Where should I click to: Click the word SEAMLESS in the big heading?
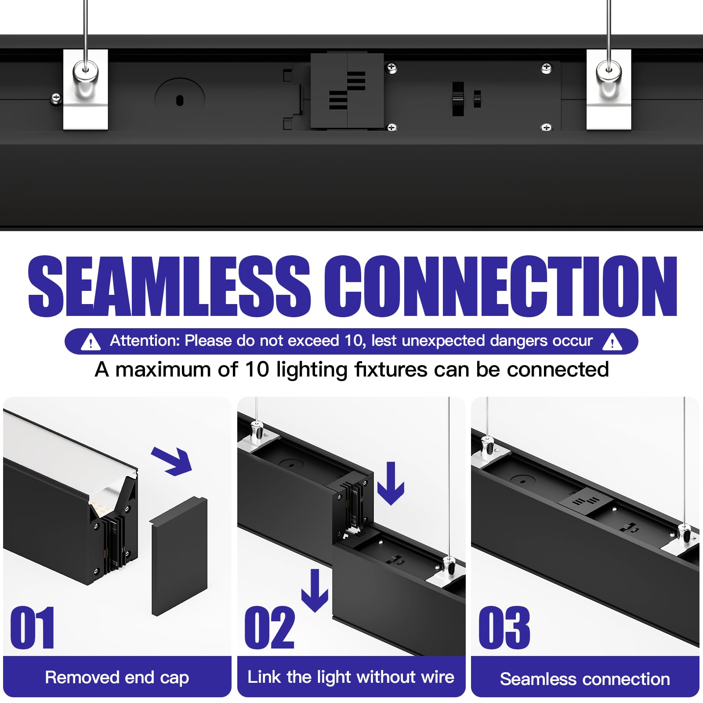(x=169, y=286)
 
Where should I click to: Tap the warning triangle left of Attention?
(x=91, y=341)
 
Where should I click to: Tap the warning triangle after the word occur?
(x=612, y=341)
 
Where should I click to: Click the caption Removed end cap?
(x=117, y=677)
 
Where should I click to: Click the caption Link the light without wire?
(x=351, y=677)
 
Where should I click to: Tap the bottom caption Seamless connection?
(x=585, y=679)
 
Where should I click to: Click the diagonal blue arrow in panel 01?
(x=173, y=461)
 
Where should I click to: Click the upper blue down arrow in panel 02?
(x=391, y=483)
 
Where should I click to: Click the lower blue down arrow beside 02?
(x=315, y=591)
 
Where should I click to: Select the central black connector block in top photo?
(x=347, y=91)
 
